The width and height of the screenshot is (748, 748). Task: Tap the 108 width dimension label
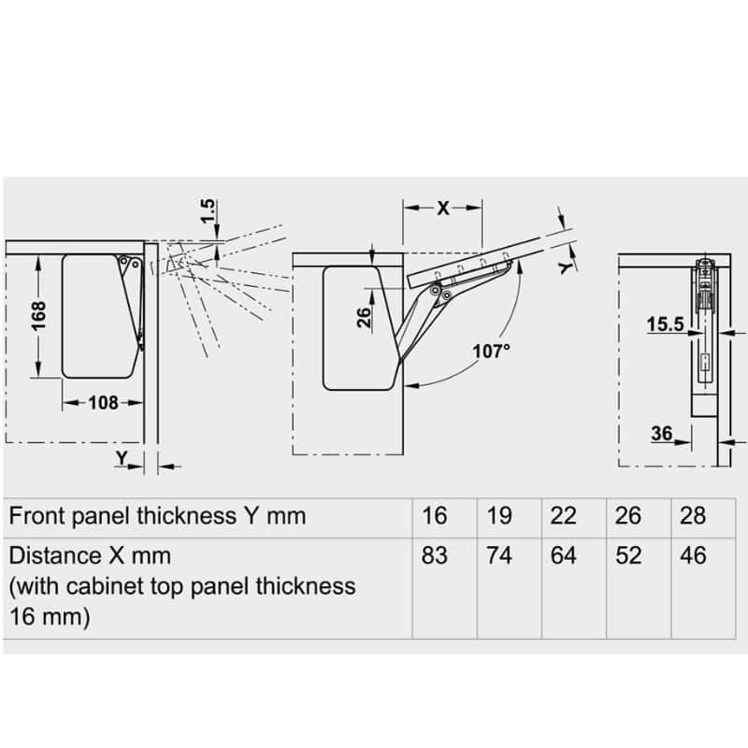[x=103, y=403]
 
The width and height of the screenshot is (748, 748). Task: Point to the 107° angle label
[x=492, y=351]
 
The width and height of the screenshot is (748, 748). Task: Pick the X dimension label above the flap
[x=443, y=208]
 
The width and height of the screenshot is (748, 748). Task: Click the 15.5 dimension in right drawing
[x=665, y=324]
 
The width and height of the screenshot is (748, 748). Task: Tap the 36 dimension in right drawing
[x=662, y=433]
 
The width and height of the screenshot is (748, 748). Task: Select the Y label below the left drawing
[x=122, y=457]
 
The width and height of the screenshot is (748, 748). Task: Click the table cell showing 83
[x=435, y=555]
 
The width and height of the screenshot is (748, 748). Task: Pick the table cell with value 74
[x=499, y=555]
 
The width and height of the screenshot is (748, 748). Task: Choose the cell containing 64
[x=564, y=555]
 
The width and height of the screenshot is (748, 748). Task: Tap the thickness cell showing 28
[x=693, y=515]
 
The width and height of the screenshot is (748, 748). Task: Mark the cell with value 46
[x=693, y=555]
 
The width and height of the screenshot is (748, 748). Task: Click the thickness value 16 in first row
[x=435, y=515]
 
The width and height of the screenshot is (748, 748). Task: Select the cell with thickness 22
[x=564, y=515]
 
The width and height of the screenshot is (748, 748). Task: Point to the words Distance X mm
[x=90, y=555]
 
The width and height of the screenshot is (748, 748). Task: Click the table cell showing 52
[x=629, y=555]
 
